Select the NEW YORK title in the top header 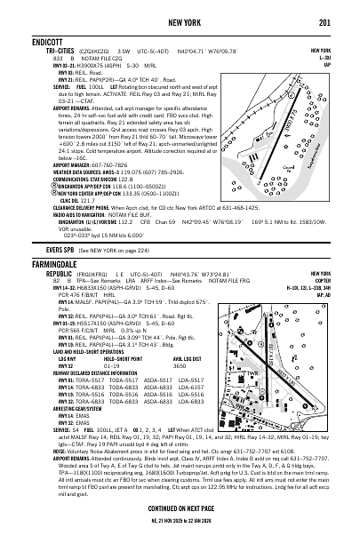click(180, 20)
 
